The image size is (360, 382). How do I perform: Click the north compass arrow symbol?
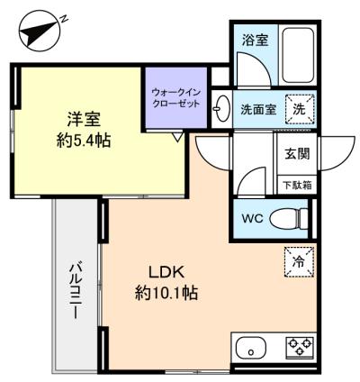40,32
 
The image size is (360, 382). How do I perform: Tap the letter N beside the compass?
64,19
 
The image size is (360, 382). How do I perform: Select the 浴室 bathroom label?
256,41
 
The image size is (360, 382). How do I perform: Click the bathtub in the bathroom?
298,56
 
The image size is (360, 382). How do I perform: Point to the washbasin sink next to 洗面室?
221,108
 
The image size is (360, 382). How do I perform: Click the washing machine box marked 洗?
299,109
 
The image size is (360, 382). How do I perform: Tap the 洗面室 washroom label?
258,109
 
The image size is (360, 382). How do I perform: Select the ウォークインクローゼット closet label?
175,98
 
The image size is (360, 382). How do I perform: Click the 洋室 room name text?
84,119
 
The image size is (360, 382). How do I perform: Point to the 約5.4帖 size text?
84,141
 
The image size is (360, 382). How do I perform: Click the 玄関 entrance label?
297,154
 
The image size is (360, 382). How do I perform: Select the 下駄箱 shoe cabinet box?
297,185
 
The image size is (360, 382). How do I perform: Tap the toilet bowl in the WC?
289,219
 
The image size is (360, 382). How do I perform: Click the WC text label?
253,218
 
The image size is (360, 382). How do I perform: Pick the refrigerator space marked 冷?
299,261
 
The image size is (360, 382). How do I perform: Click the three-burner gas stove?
300,346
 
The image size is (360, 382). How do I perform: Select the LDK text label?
166,272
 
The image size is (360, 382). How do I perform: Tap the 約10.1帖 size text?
166,293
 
